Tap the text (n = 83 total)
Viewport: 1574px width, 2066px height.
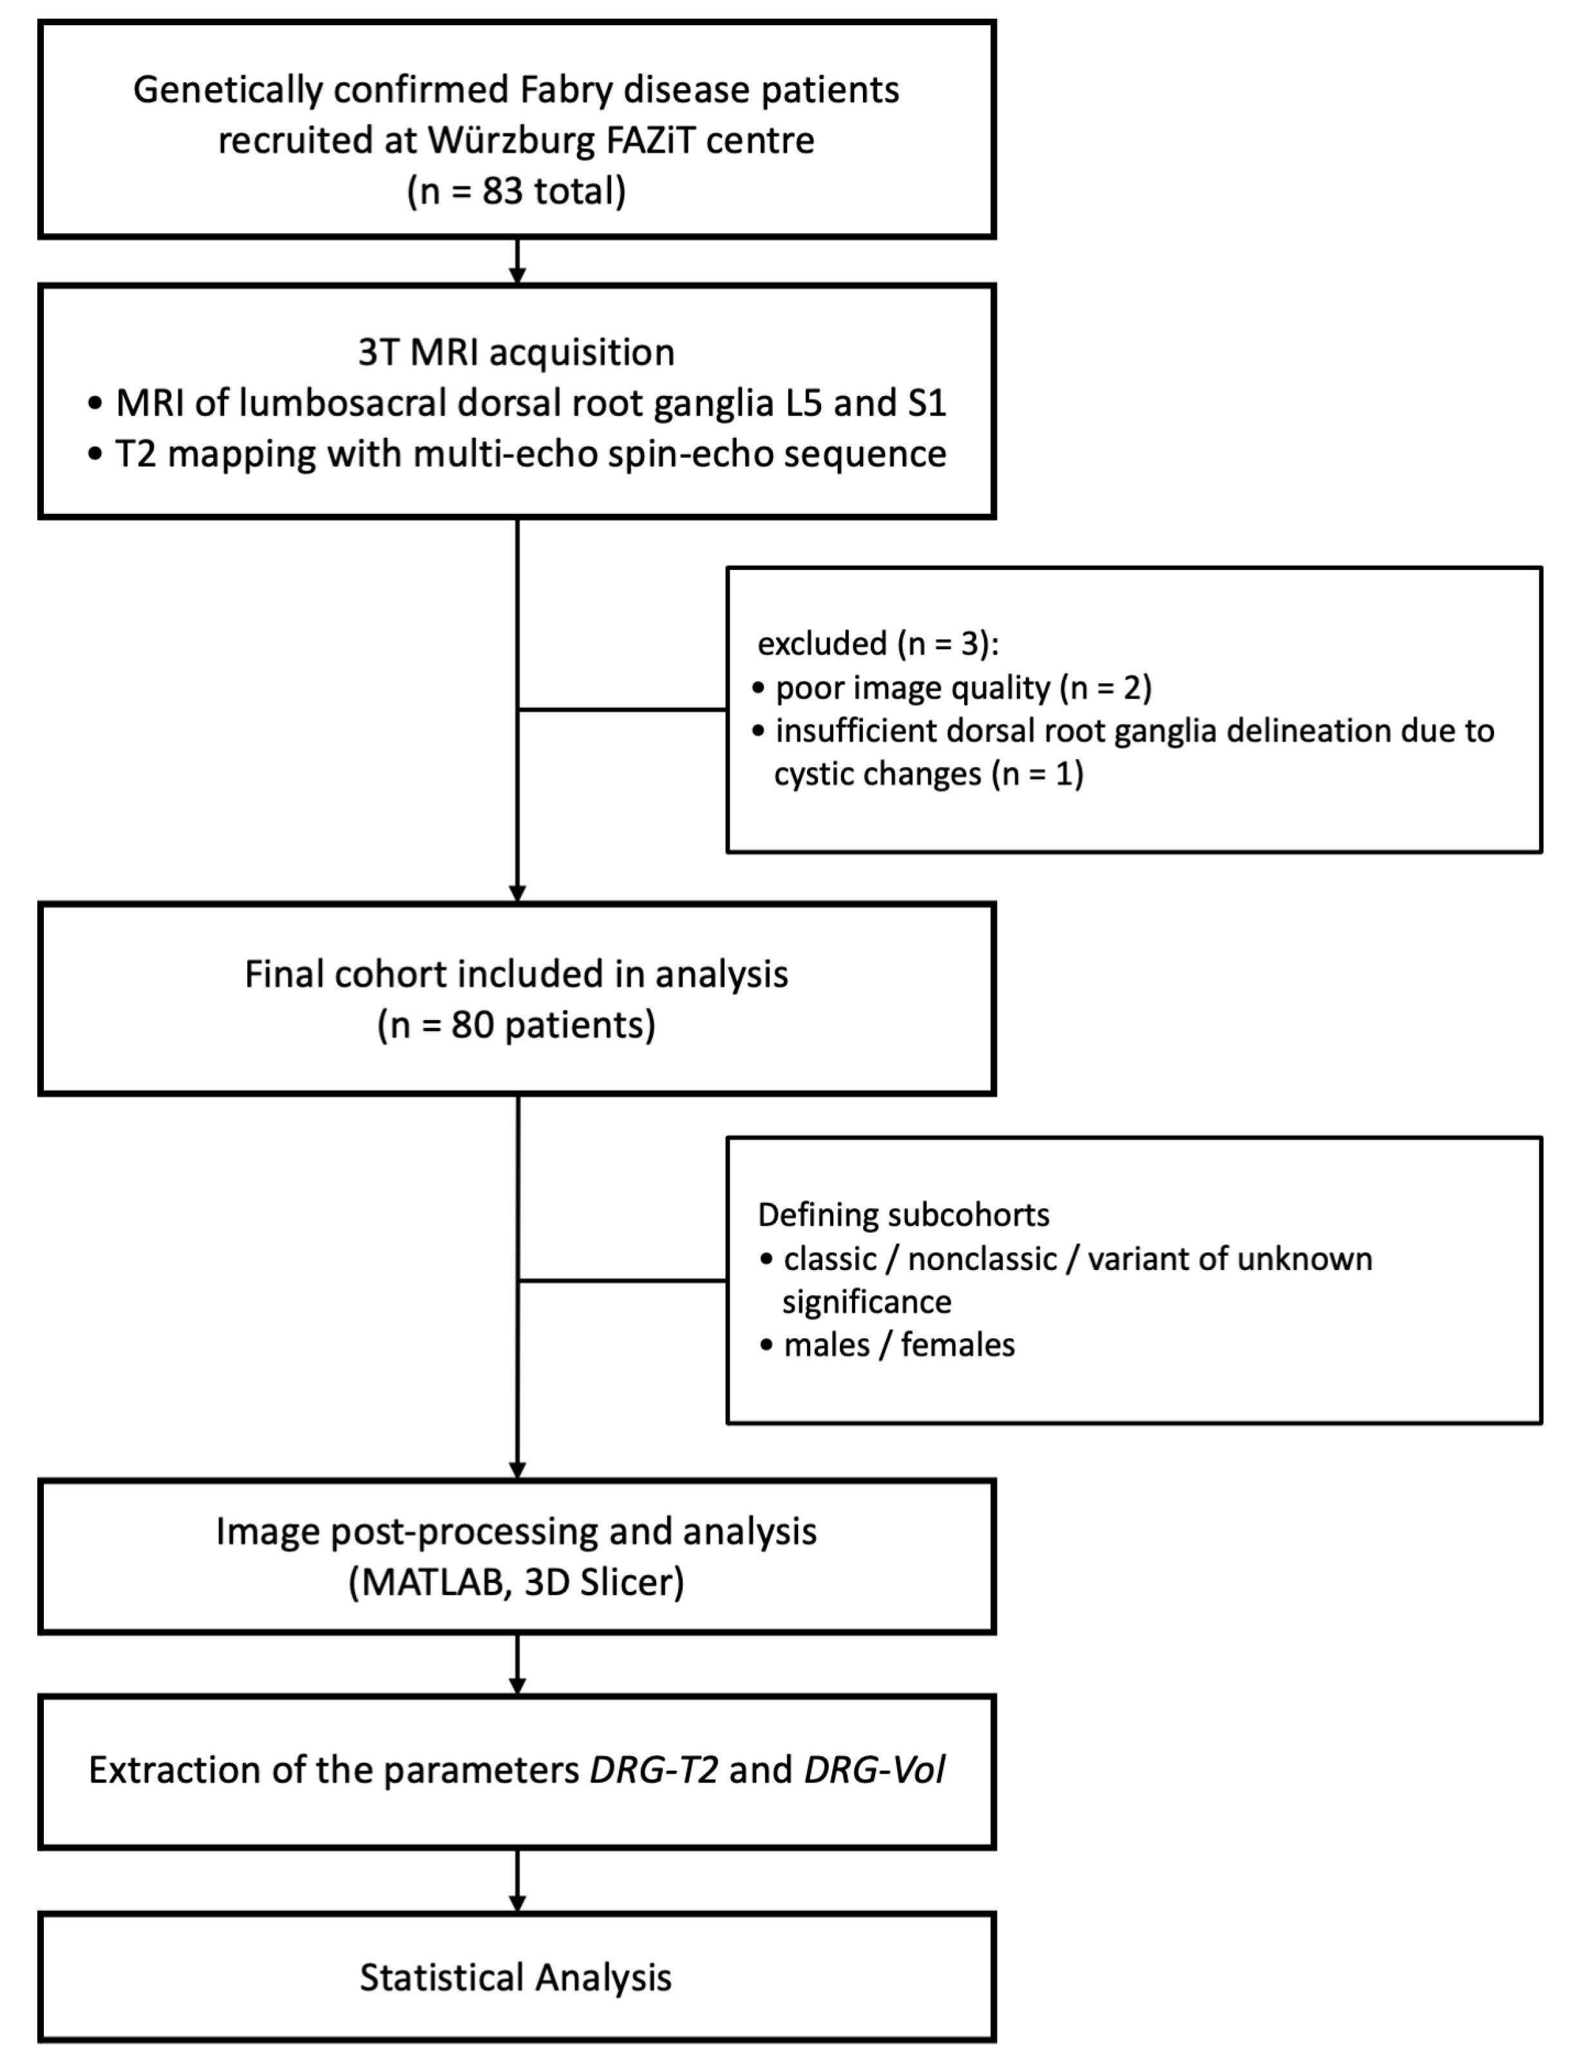pos(517,191)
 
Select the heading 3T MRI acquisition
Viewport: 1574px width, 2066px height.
pos(517,352)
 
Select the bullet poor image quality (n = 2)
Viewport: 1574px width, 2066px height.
pos(963,688)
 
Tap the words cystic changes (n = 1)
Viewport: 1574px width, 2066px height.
pos(927,774)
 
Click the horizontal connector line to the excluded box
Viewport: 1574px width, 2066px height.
pos(622,709)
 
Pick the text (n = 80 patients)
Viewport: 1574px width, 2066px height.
pos(517,1025)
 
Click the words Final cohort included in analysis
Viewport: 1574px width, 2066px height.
pos(517,974)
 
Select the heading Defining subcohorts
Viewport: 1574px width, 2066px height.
pos(903,1215)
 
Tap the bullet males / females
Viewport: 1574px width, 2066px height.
pos(898,1345)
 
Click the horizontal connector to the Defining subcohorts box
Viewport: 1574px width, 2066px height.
pos(622,1280)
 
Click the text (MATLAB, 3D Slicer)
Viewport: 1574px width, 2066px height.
pos(517,1582)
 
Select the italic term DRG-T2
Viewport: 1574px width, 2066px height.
pos(654,1770)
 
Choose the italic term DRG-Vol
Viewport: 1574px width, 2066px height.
pos(874,1770)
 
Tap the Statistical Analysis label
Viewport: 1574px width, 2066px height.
pos(517,1978)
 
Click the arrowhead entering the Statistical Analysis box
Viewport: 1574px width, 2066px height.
pos(517,1904)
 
